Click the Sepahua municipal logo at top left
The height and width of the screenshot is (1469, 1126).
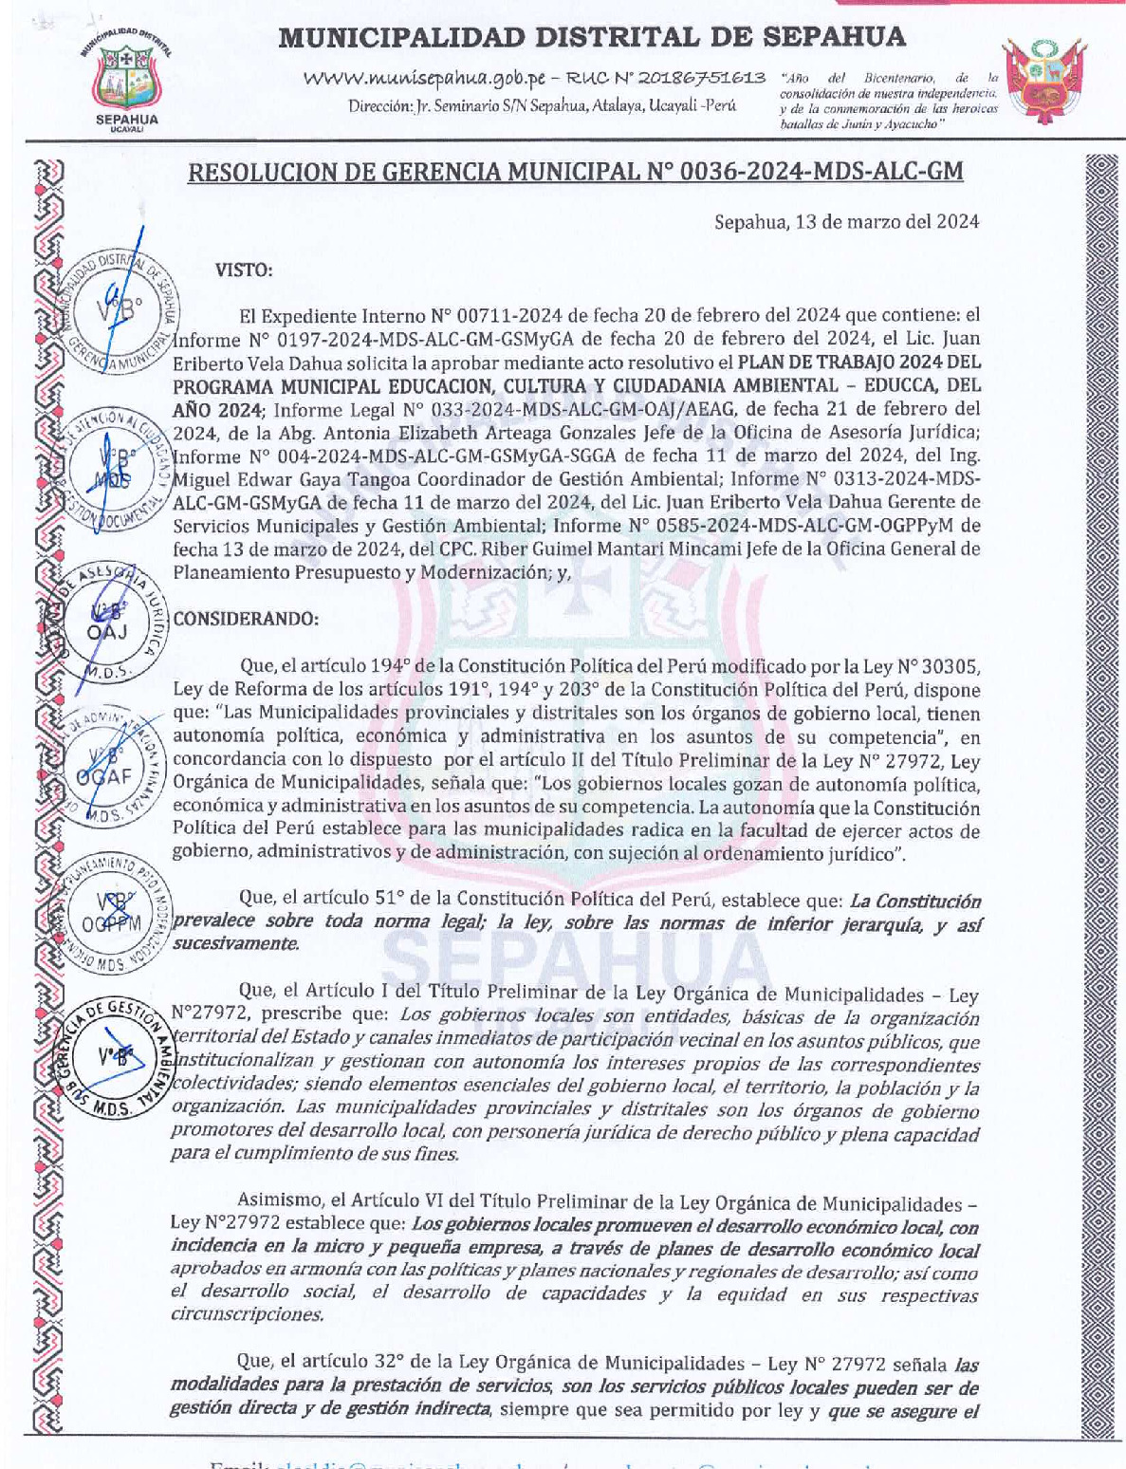pos(127,80)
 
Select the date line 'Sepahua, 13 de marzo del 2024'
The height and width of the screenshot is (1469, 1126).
pos(846,222)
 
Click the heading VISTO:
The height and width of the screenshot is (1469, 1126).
pos(244,270)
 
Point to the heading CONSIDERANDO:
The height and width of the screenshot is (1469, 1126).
pos(246,619)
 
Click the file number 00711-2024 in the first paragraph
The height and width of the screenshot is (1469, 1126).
pos(509,315)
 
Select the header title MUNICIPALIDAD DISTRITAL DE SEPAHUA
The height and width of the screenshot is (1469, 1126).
pos(592,37)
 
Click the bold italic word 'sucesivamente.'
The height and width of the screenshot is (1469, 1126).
pos(234,943)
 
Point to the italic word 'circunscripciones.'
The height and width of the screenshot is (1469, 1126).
pos(247,1314)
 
